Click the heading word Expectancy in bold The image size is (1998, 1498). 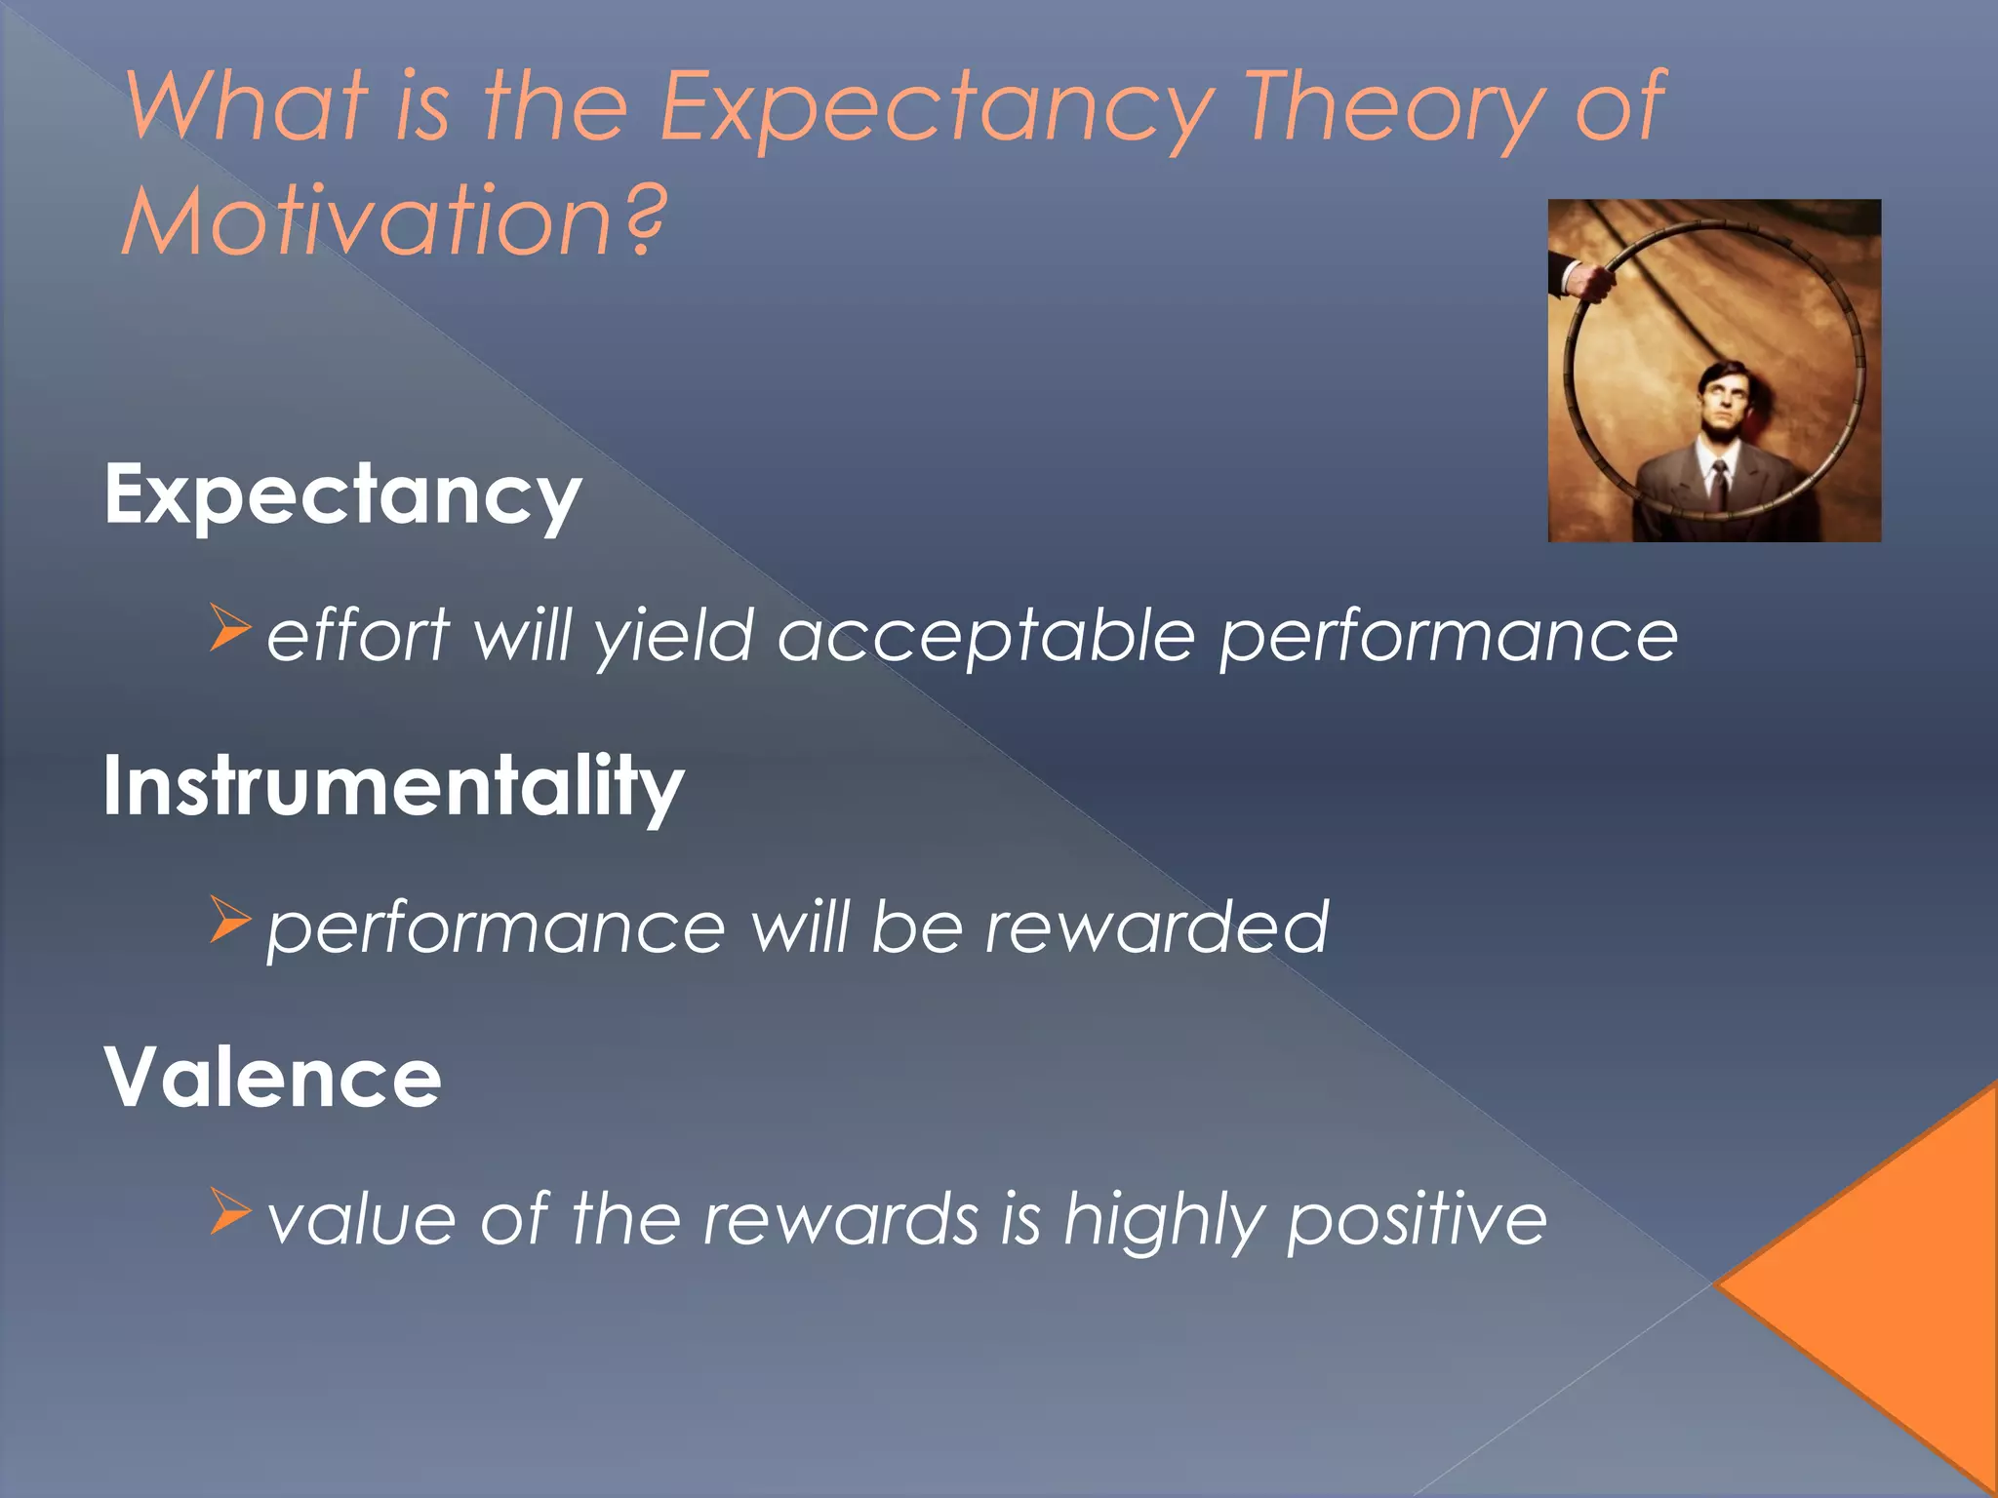click(x=342, y=495)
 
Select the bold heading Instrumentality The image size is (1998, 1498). click(x=393, y=786)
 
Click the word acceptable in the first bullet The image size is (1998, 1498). click(x=985, y=637)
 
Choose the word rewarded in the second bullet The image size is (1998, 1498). click(x=1157, y=926)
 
